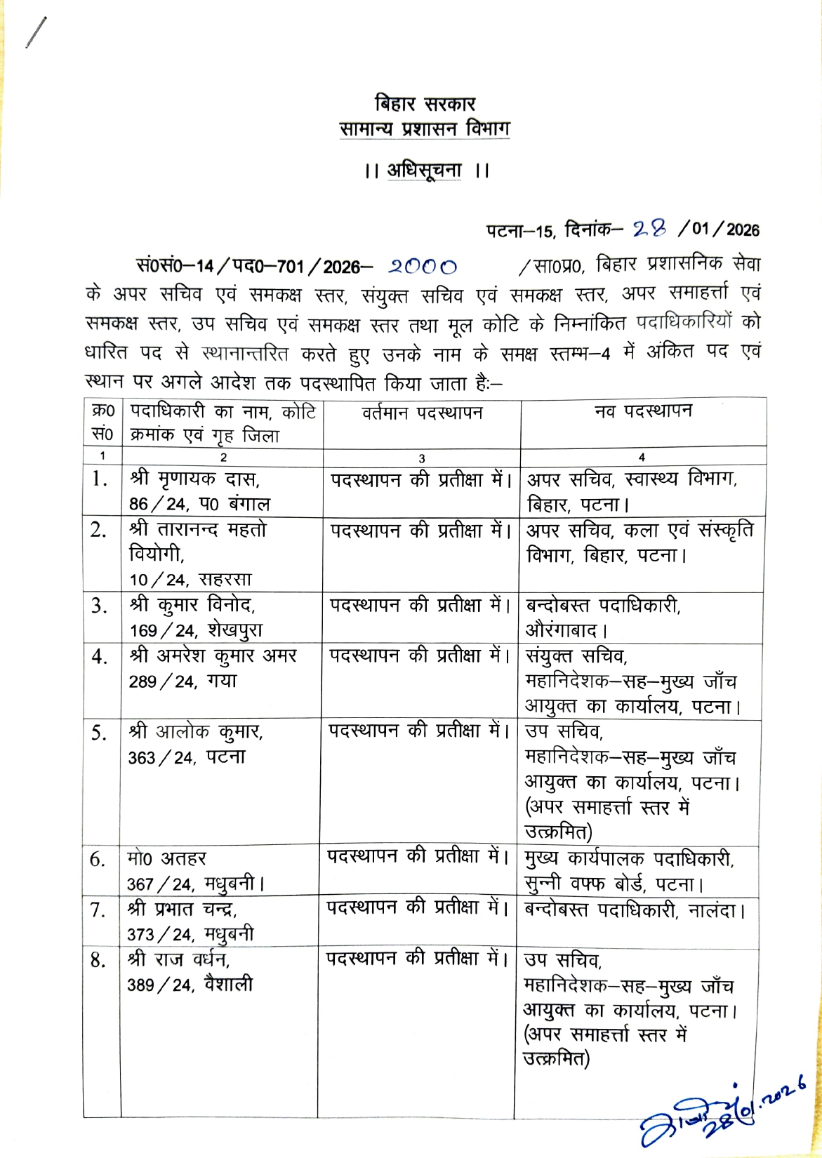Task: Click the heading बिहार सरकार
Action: (425, 104)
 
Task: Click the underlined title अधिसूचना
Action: (424, 171)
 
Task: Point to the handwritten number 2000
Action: (423, 267)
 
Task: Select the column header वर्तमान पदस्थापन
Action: (422, 413)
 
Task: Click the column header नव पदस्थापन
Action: (642, 411)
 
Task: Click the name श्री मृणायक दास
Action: (194, 479)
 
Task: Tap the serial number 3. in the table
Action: (99, 606)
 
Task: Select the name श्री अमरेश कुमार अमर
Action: (213, 656)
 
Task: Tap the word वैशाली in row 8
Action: (228, 985)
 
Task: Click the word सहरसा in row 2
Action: (225, 580)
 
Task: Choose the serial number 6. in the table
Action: (98, 860)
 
